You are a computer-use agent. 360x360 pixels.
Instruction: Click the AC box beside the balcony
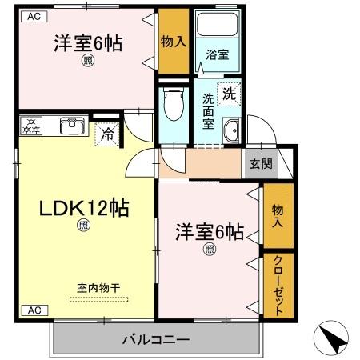(34, 310)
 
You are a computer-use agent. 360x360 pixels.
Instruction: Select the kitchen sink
(72, 124)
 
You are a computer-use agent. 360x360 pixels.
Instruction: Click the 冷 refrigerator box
(106, 134)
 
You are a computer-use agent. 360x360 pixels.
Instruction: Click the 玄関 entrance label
(260, 164)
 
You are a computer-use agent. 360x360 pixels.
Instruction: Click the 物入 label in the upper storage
(174, 41)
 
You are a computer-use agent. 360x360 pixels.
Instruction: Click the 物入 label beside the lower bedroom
(278, 215)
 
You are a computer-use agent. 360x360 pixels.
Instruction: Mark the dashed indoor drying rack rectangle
(99, 299)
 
